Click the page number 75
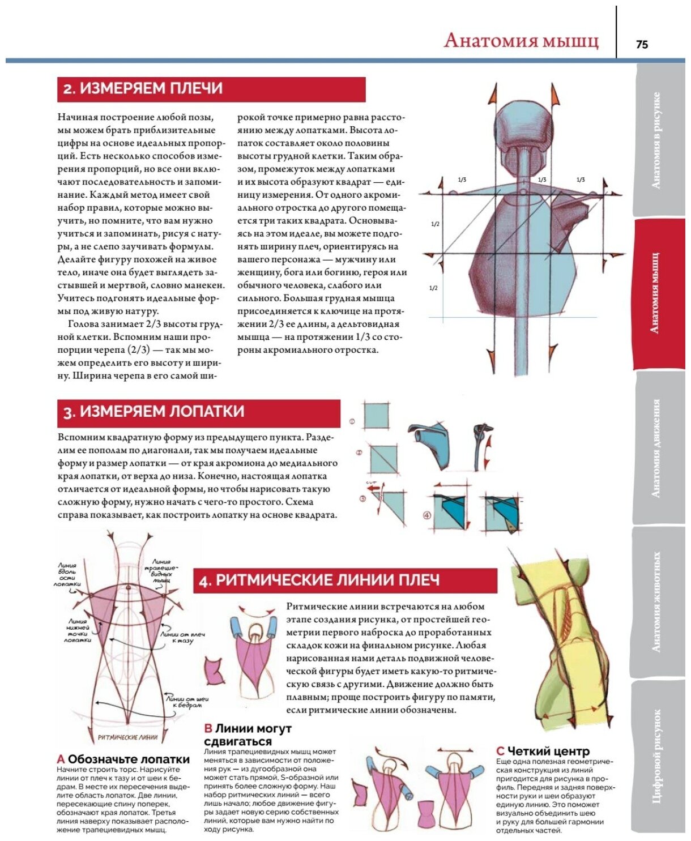[642, 44]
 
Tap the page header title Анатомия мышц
[521, 41]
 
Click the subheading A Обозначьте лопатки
[123, 759]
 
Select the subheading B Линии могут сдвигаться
[248, 735]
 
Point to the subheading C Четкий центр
[543, 751]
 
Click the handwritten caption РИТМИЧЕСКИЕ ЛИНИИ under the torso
[127, 737]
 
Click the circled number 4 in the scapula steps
[426, 515]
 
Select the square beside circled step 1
[377, 416]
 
